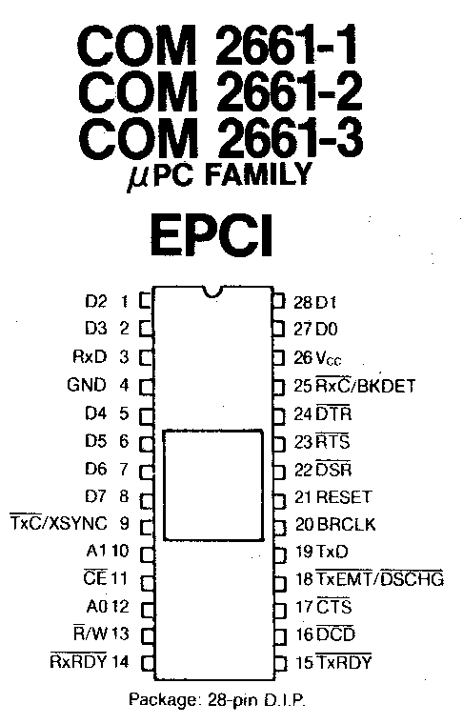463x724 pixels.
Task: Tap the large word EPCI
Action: (x=211, y=236)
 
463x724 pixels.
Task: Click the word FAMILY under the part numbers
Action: (x=257, y=176)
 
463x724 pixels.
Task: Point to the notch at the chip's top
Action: (x=212, y=292)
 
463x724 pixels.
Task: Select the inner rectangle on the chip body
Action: (x=213, y=485)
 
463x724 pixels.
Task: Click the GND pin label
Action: (x=87, y=385)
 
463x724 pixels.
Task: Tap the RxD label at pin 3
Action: (x=90, y=357)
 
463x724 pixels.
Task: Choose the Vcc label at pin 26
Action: (x=329, y=358)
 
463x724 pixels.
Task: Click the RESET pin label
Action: (x=344, y=497)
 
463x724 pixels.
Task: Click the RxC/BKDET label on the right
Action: (x=366, y=385)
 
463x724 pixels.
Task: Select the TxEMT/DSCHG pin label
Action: (x=380, y=578)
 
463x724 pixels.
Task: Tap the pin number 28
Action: (x=303, y=302)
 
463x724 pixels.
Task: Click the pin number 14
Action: (x=119, y=662)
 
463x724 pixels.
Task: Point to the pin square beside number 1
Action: (x=146, y=301)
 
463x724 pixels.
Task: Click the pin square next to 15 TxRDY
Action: (x=279, y=663)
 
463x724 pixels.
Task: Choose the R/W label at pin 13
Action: (x=91, y=633)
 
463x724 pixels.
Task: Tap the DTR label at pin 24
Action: (x=333, y=412)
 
